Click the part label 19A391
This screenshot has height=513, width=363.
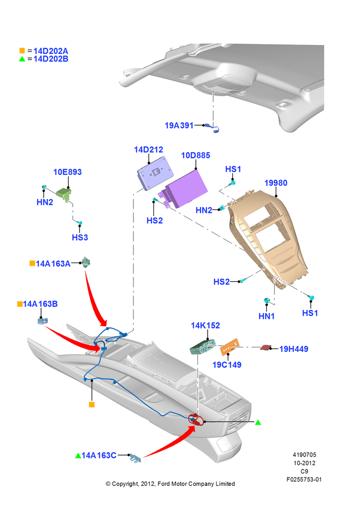point(179,125)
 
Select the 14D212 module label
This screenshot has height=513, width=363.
point(149,149)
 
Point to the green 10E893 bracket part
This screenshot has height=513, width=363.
point(64,194)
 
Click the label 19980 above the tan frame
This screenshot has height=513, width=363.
point(276,183)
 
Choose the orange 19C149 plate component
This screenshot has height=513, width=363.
point(230,347)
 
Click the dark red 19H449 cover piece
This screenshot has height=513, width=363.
point(266,347)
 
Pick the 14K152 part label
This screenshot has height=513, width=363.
point(206,326)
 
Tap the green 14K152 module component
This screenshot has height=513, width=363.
point(203,347)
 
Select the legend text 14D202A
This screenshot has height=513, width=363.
point(51,51)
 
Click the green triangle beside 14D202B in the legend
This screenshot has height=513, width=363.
point(22,59)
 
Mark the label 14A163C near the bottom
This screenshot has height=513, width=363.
point(99,456)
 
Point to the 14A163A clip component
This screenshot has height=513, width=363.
point(86,262)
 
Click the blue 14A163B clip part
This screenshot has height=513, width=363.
point(43,321)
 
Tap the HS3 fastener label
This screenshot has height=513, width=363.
point(80,237)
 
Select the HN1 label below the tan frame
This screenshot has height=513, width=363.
point(267,316)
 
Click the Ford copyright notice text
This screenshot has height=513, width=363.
point(170,484)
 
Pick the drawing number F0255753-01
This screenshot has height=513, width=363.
point(304,479)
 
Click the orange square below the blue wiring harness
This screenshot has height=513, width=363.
point(92,405)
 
